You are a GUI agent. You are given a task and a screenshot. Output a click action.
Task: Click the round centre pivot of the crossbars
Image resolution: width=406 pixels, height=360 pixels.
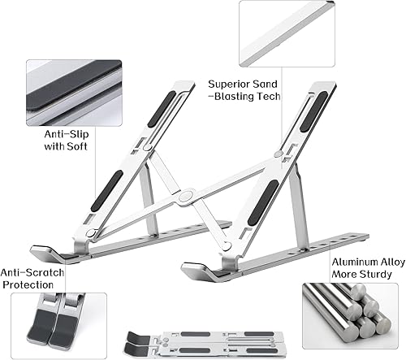[x=187, y=195]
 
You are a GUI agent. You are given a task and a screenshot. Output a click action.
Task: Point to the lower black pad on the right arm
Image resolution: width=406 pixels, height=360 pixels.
[x=265, y=196]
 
